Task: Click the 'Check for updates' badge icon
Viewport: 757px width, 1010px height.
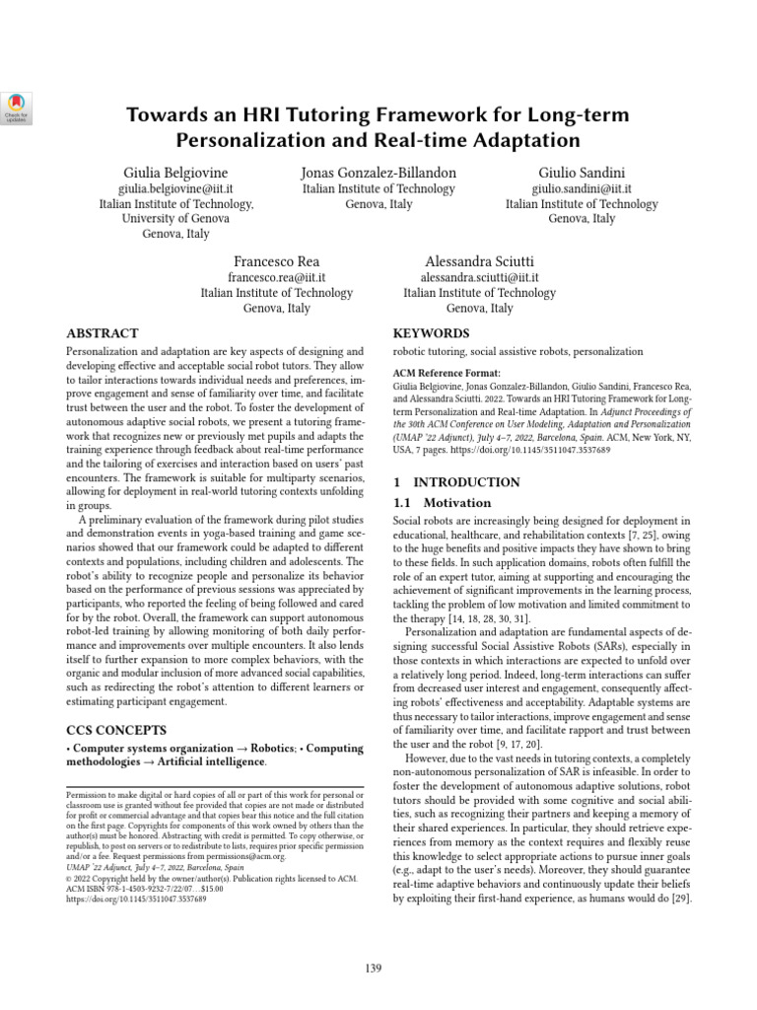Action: (x=19, y=107)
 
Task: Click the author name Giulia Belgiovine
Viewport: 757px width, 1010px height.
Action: (x=176, y=173)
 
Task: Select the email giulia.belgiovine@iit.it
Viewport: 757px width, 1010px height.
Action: (x=176, y=188)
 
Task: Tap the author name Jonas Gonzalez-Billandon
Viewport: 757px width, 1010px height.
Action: (x=378, y=173)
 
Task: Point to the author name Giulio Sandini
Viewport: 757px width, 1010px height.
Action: (x=582, y=173)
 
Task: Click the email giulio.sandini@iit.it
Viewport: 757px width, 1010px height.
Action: (x=582, y=188)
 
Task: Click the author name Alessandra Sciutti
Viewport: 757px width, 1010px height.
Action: (x=479, y=261)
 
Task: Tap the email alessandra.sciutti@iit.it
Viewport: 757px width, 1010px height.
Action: (x=479, y=277)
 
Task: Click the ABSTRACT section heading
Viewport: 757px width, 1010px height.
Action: (x=102, y=333)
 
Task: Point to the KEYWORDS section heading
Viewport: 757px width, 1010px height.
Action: (x=432, y=333)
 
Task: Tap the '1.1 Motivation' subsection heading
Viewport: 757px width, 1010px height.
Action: (x=435, y=503)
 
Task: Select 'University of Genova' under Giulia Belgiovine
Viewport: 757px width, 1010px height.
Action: (x=176, y=219)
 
